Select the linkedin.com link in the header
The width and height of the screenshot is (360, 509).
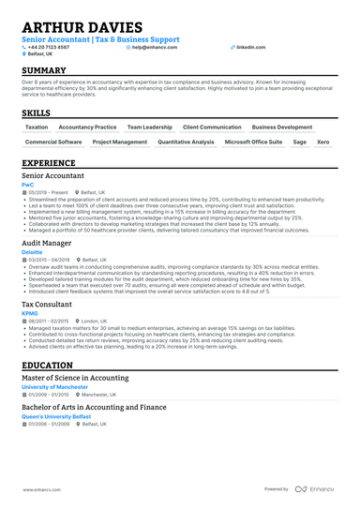click(250, 46)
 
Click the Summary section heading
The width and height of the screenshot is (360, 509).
click(44, 70)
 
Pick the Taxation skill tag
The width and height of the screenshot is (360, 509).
click(37, 126)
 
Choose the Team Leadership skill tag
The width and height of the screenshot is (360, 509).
click(150, 126)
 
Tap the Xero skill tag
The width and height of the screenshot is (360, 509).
click(323, 142)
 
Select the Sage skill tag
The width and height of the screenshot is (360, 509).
click(299, 142)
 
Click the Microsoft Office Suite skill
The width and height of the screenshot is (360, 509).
click(253, 142)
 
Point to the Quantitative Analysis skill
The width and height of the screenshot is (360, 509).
click(187, 142)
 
